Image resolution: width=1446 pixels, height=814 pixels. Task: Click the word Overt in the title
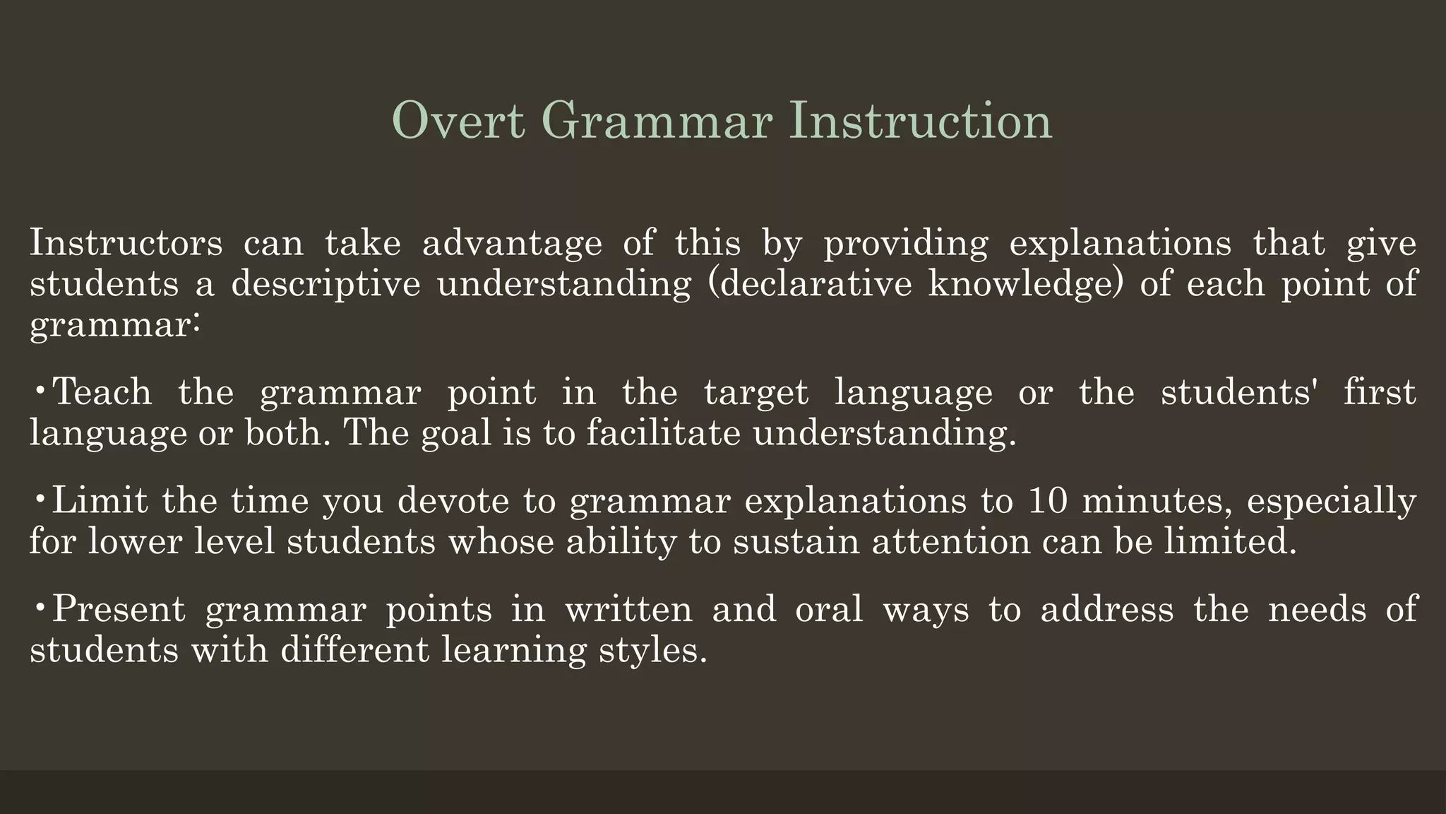click(x=458, y=121)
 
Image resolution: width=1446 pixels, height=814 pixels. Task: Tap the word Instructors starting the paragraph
click(x=126, y=243)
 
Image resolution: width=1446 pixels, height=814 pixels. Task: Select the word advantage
click(x=512, y=243)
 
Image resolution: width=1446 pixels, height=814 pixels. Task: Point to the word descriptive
click(x=325, y=284)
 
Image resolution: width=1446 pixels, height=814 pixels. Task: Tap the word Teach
click(x=103, y=392)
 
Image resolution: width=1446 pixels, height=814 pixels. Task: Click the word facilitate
click(x=663, y=433)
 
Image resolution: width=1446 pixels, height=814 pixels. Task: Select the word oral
click(x=829, y=610)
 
